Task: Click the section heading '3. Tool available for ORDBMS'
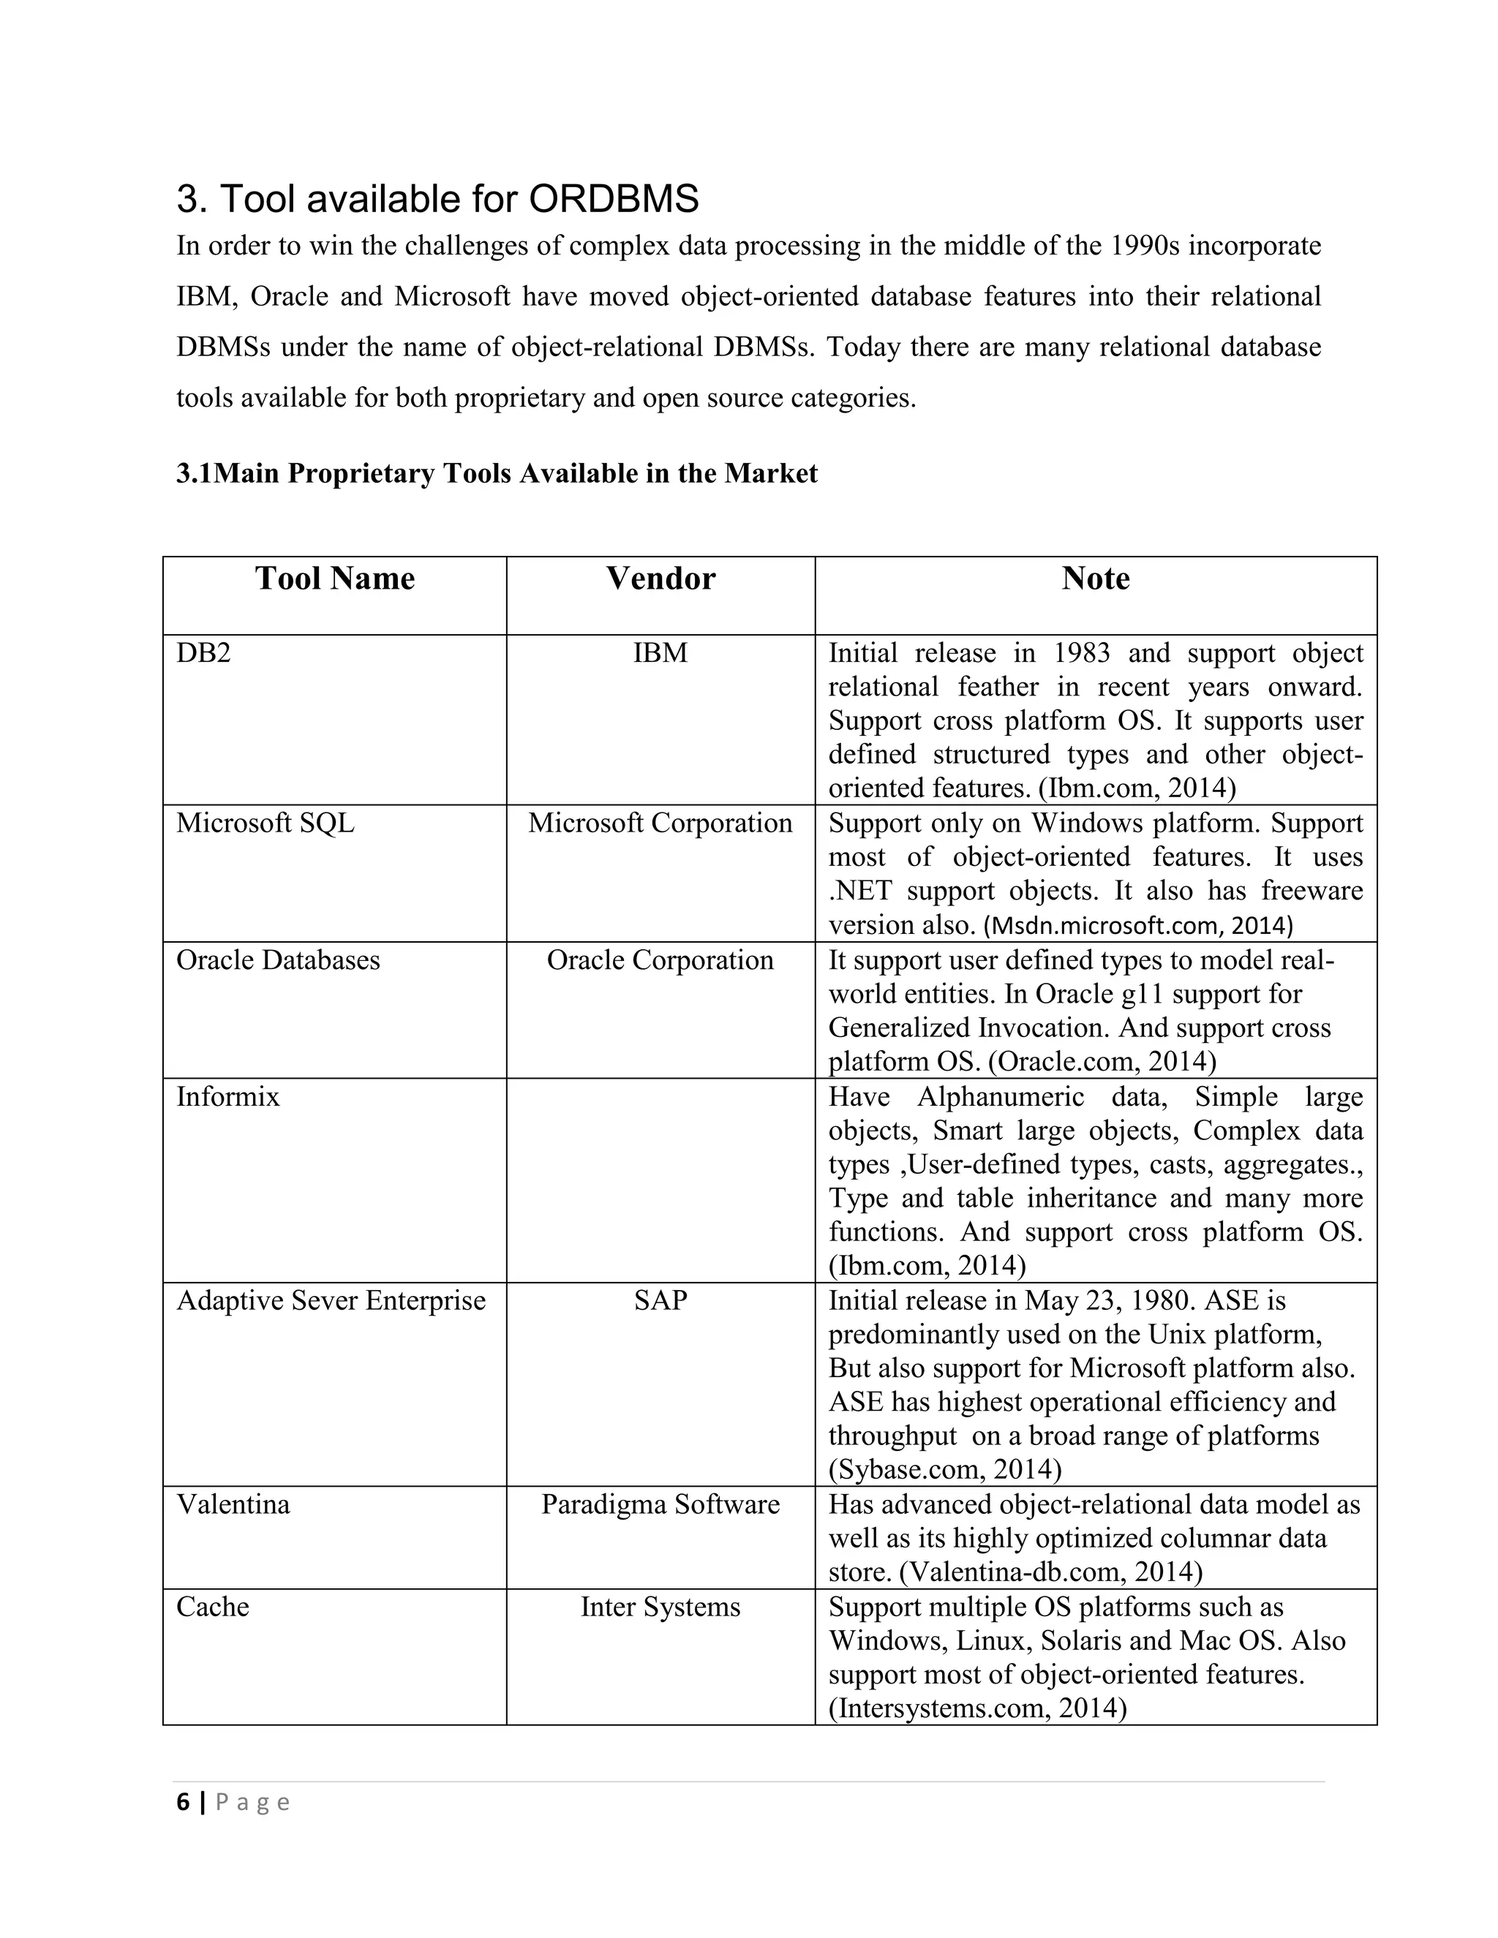click(437, 199)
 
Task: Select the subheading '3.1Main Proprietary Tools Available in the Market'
click(496, 474)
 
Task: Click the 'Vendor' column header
click(660, 578)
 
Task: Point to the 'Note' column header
click(1095, 578)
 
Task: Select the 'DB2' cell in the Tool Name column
click(204, 653)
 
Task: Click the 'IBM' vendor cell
click(660, 653)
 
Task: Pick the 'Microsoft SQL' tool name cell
click(266, 823)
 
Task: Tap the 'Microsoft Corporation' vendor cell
click(660, 823)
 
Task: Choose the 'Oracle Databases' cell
click(278, 960)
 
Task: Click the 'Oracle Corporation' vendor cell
click(660, 960)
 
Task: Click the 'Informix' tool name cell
click(228, 1097)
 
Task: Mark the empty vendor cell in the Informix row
click(660, 1180)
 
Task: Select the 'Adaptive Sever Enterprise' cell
click(331, 1301)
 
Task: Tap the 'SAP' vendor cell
click(660, 1301)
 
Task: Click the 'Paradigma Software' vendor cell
click(660, 1505)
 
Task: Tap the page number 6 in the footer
click(184, 1802)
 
